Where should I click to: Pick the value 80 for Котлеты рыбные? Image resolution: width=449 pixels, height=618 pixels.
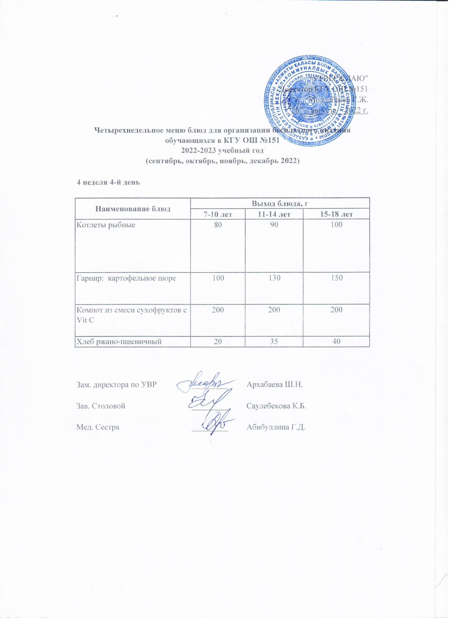tap(218, 225)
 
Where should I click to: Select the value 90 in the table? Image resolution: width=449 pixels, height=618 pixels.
tap(274, 225)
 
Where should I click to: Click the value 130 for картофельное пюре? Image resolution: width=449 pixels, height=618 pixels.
tap(274, 278)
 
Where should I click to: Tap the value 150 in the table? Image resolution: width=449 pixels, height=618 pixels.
tap(336, 278)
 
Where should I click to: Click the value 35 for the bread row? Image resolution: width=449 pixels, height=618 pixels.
tap(274, 342)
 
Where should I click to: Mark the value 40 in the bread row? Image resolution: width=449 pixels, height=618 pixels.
tap(336, 342)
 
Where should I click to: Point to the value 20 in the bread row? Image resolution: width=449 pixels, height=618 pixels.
tap(218, 342)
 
